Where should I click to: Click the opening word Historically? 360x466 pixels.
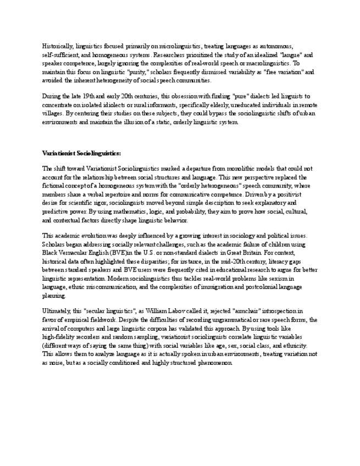[57, 46]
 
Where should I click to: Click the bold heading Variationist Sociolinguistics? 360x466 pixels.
[81, 153]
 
